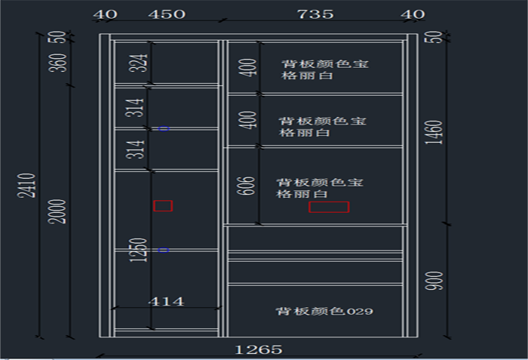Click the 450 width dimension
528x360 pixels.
coord(166,14)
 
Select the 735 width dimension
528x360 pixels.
coord(315,14)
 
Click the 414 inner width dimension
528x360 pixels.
coord(166,301)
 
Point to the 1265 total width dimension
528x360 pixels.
coord(259,349)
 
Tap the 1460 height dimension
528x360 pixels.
coord(437,132)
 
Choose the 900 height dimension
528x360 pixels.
coord(437,281)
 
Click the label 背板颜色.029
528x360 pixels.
coord(324,311)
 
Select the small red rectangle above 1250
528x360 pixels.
coord(163,205)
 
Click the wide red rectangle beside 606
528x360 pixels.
coord(329,207)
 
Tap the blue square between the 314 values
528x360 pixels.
coord(164,129)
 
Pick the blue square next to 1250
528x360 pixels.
coord(164,250)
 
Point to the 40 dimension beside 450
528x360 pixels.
coord(106,14)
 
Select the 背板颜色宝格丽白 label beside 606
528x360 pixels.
coord(318,188)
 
